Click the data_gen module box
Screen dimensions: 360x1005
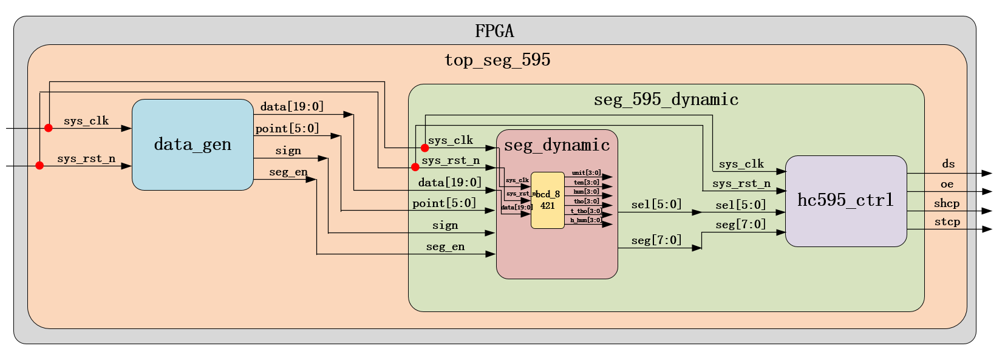pyautogui.click(x=192, y=144)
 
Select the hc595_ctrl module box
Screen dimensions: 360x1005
pyautogui.click(x=845, y=201)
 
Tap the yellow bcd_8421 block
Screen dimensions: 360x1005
pyautogui.click(x=547, y=200)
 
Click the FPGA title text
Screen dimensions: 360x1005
pyautogui.click(x=494, y=31)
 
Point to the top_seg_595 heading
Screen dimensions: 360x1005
pyautogui.click(x=497, y=60)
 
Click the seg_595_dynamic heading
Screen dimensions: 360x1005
pyautogui.click(x=666, y=100)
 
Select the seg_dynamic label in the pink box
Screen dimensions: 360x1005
pyautogui.click(x=557, y=145)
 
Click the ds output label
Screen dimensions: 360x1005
pyautogui.click(x=948, y=164)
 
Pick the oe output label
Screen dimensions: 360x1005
pyautogui.click(x=947, y=184)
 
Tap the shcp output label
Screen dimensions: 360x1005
pyautogui.click(x=947, y=203)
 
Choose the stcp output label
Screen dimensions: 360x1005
pyautogui.click(x=947, y=222)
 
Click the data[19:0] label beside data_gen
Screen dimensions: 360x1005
pyautogui.click(x=292, y=107)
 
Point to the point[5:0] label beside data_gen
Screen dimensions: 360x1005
pyautogui.click(x=287, y=129)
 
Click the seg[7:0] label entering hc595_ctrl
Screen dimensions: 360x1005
pyautogui.click(x=740, y=225)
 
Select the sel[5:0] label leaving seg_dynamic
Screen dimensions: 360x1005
pyautogui.click(x=656, y=205)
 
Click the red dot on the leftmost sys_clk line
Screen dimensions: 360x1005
pyautogui.click(x=49, y=128)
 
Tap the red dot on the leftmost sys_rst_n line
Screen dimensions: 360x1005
pyautogui.click(x=39, y=166)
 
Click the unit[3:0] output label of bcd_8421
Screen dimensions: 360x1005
pyautogui.click(x=586, y=173)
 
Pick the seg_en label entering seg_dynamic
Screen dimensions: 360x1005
pyautogui.click(x=445, y=246)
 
